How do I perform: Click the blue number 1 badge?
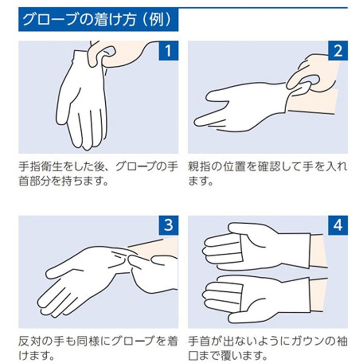[x=168, y=51]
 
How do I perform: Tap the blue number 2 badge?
[x=338, y=51]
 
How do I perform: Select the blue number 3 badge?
[x=168, y=225]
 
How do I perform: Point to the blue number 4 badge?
[x=338, y=225]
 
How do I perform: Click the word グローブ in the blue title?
[x=49, y=20]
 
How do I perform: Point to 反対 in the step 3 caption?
[x=29, y=341]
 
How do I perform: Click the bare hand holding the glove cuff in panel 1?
[x=116, y=54]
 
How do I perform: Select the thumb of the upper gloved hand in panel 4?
[x=252, y=229]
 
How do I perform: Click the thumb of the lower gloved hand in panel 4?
[x=252, y=318]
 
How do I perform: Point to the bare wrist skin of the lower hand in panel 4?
[x=319, y=294]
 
